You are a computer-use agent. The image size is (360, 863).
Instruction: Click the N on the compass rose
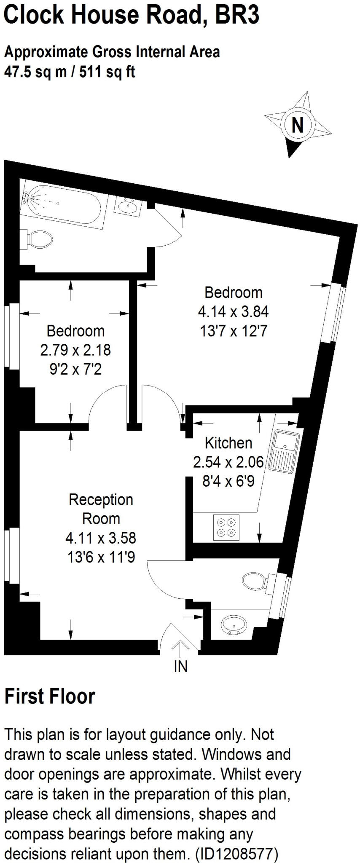tap(298, 125)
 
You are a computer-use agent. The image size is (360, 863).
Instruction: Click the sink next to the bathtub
tap(128, 206)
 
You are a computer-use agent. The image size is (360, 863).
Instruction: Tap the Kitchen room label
tap(228, 443)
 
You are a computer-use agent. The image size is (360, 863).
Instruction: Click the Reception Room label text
tap(101, 509)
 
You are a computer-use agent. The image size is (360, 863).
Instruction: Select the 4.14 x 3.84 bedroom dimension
tap(233, 312)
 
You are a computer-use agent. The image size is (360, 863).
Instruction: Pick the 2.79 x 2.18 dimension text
tap(75, 350)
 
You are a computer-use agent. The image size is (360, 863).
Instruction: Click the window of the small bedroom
tap(8, 335)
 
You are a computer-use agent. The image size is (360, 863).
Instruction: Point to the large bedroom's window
tap(336, 312)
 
